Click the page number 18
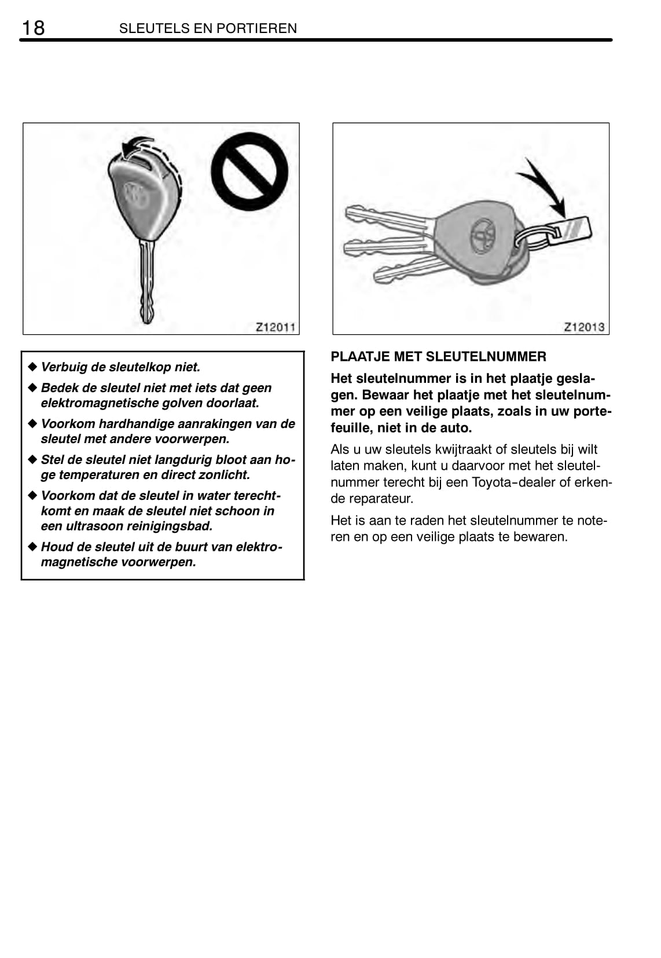click(33, 27)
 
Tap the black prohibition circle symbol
click(249, 172)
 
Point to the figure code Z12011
click(276, 327)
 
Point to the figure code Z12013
click(584, 327)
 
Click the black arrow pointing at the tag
click(544, 184)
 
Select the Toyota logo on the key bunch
click(480, 235)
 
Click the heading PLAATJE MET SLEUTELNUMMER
click(438, 357)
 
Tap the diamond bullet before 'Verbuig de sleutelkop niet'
click(32, 367)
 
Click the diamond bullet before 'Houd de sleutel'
click(32, 546)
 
